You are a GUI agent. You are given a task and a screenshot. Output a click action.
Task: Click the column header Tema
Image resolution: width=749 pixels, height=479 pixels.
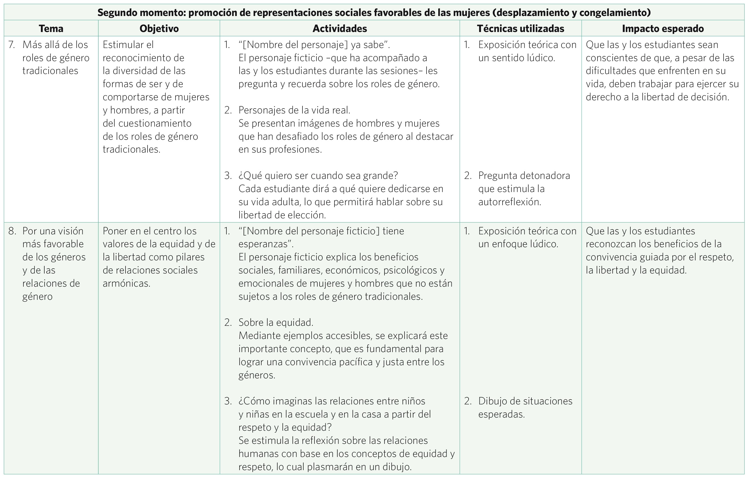pos(51,29)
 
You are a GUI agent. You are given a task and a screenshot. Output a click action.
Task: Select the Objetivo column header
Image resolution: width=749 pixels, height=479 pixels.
pos(159,29)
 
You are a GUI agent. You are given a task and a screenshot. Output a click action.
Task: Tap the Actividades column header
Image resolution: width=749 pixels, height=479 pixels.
pos(339,29)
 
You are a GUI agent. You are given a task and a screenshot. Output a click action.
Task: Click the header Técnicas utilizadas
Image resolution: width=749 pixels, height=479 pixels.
pos(520,29)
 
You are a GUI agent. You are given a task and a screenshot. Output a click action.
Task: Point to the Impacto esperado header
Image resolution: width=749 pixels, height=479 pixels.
pos(663,29)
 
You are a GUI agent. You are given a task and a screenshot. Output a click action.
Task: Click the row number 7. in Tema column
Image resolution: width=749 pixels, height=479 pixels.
pos(12,45)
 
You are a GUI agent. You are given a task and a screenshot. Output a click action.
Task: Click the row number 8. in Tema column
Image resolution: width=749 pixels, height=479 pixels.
pos(12,231)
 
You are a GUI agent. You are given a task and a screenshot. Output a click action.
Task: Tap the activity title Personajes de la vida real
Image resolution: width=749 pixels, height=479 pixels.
pos(294,110)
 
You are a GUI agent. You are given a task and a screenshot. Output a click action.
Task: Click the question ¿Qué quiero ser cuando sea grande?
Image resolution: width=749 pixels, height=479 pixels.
pos(318,176)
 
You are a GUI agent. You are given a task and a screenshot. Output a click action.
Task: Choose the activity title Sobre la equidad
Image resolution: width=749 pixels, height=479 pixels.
pos(276,323)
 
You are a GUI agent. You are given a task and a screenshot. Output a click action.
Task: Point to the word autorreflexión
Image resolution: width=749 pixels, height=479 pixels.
pos(509,202)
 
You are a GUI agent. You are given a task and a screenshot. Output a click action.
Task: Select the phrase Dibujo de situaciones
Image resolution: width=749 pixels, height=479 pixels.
pos(525,401)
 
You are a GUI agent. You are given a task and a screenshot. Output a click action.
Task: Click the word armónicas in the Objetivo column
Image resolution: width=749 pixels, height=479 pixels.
pos(126,283)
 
